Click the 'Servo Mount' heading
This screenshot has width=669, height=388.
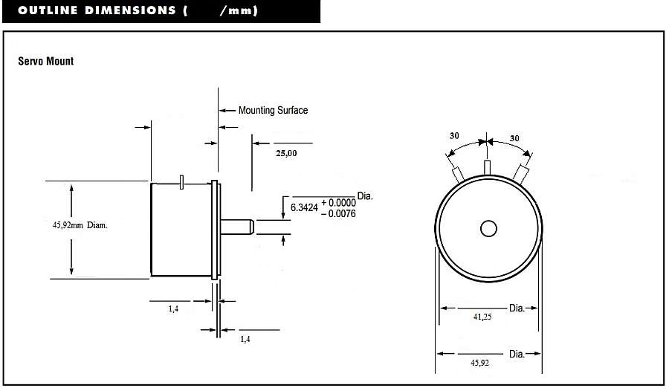point(45,61)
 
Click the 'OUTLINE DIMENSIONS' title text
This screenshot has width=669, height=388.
point(97,10)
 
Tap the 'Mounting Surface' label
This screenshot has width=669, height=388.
point(273,110)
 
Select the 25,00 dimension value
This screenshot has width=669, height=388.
point(286,153)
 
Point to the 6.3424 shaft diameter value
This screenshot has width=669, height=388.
point(304,208)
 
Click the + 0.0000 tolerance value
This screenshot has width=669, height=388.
point(339,203)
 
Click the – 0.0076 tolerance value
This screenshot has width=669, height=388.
point(338,213)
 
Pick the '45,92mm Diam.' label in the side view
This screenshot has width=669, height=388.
point(80,225)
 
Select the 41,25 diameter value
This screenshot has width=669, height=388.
point(482,317)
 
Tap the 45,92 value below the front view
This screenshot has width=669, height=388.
point(479,363)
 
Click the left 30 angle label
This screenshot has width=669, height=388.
point(454,136)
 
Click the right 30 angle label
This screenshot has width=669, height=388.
point(514,138)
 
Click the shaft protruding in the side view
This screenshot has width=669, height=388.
point(237,227)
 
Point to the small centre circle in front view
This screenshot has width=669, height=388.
point(488,229)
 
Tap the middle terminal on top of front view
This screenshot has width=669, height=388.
point(487,167)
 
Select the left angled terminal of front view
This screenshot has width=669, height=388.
point(458,175)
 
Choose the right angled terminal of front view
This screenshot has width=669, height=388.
point(520,174)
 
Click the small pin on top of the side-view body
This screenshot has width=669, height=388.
point(182,182)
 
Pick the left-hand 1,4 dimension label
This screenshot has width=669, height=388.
point(173,308)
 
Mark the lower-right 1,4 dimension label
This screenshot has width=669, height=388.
point(245,340)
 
